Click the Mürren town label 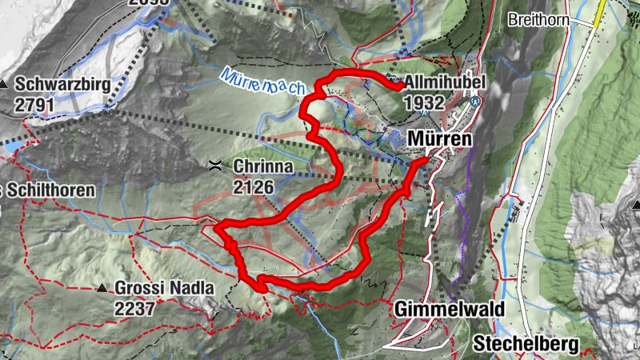click(x=440, y=138)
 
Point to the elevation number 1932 click(x=424, y=102)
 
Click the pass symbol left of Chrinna click(x=214, y=166)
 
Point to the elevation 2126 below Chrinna click(x=254, y=187)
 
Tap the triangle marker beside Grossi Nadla click(x=102, y=288)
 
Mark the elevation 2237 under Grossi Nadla click(x=134, y=308)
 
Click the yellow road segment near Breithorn click(x=598, y=12)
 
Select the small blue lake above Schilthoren click(x=11, y=147)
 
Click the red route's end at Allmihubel click(x=397, y=87)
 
